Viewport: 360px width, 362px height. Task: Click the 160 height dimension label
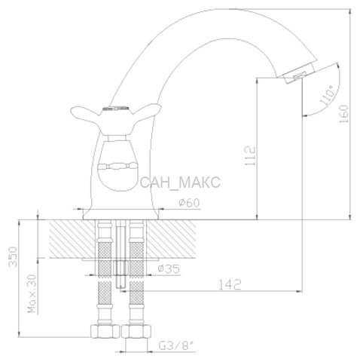(x=344, y=114)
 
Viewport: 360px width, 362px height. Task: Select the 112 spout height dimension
(x=250, y=156)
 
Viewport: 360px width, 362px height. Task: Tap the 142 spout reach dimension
(x=230, y=284)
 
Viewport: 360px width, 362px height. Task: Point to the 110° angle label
(x=327, y=95)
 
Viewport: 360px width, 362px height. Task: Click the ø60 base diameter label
(x=189, y=203)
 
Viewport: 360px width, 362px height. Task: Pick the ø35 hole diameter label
(x=169, y=268)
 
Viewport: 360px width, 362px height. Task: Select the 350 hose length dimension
(x=13, y=256)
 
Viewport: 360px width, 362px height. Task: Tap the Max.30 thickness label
(x=32, y=294)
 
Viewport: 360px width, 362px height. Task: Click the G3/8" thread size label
(x=177, y=346)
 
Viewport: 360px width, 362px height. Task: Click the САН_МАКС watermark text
(x=180, y=183)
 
